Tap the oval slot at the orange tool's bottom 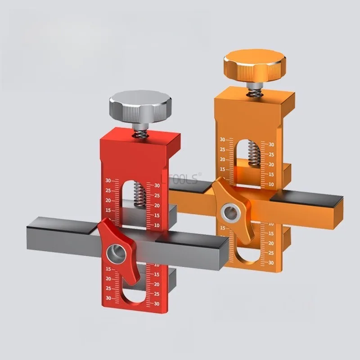[x=247, y=257]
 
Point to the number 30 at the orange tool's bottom [x=271, y=263]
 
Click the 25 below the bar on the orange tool [x=271, y=253]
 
